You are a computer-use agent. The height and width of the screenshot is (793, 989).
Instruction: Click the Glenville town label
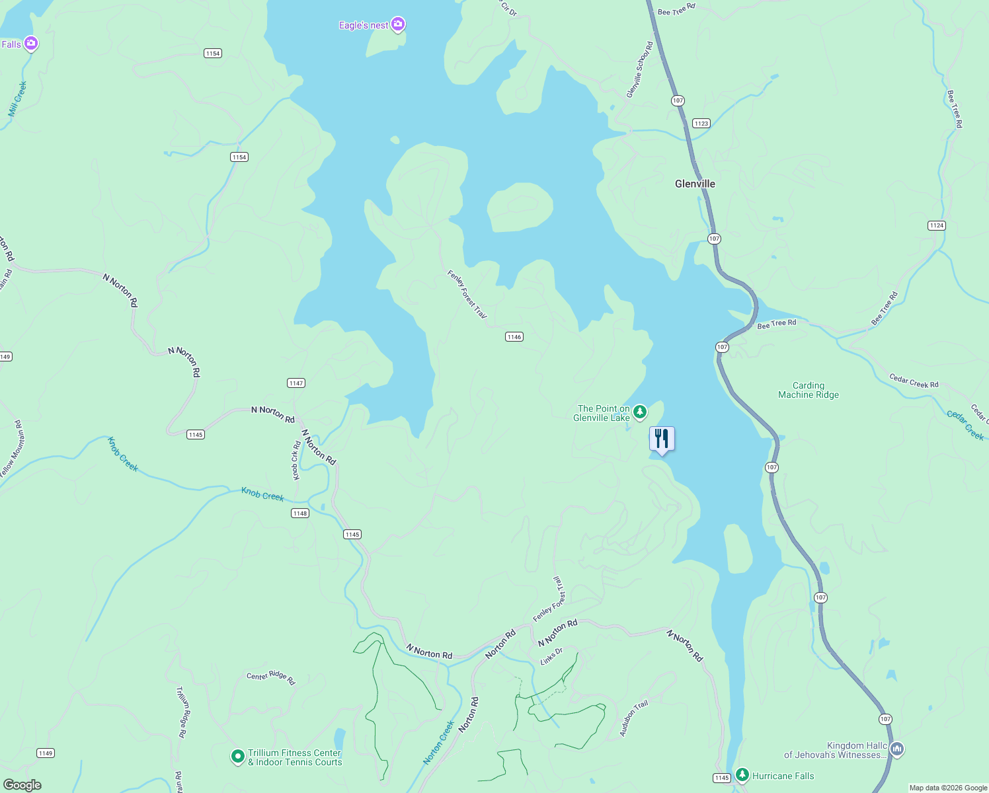[x=695, y=184]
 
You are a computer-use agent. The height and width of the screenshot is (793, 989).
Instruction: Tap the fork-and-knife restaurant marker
[x=662, y=439]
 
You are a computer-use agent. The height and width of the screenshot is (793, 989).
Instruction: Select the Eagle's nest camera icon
[x=397, y=25]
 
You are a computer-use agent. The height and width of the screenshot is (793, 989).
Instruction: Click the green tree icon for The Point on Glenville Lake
[x=639, y=413]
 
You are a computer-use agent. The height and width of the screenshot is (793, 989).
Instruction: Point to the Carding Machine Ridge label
[x=808, y=390]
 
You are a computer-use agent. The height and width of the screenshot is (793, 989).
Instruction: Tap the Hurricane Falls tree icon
[x=742, y=774]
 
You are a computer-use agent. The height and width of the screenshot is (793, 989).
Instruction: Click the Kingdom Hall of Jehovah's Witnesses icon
[x=897, y=749]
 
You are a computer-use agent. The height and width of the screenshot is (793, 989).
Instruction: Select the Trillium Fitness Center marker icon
[x=238, y=757]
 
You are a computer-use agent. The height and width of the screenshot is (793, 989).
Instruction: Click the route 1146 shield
[x=514, y=337]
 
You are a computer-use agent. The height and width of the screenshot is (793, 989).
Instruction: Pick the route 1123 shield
[x=701, y=124]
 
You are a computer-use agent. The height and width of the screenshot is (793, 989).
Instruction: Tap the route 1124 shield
[x=937, y=225]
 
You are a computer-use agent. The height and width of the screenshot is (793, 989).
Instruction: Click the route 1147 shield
[x=296, y=383]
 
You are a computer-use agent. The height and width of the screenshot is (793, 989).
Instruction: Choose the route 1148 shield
[x=300, y=513]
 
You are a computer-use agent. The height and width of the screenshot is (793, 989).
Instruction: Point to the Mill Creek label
[x=18, y=99]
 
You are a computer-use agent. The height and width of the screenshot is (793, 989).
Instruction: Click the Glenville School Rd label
[x=639, y=70]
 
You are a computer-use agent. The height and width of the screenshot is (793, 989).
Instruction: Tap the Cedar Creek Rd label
[x=914, y=381]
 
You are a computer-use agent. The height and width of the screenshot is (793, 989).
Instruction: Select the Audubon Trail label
[x=633, y=718]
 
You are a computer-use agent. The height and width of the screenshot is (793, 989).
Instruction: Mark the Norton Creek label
[x=439, y=743]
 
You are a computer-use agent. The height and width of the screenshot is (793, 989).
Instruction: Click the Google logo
[x=22, y=785]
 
